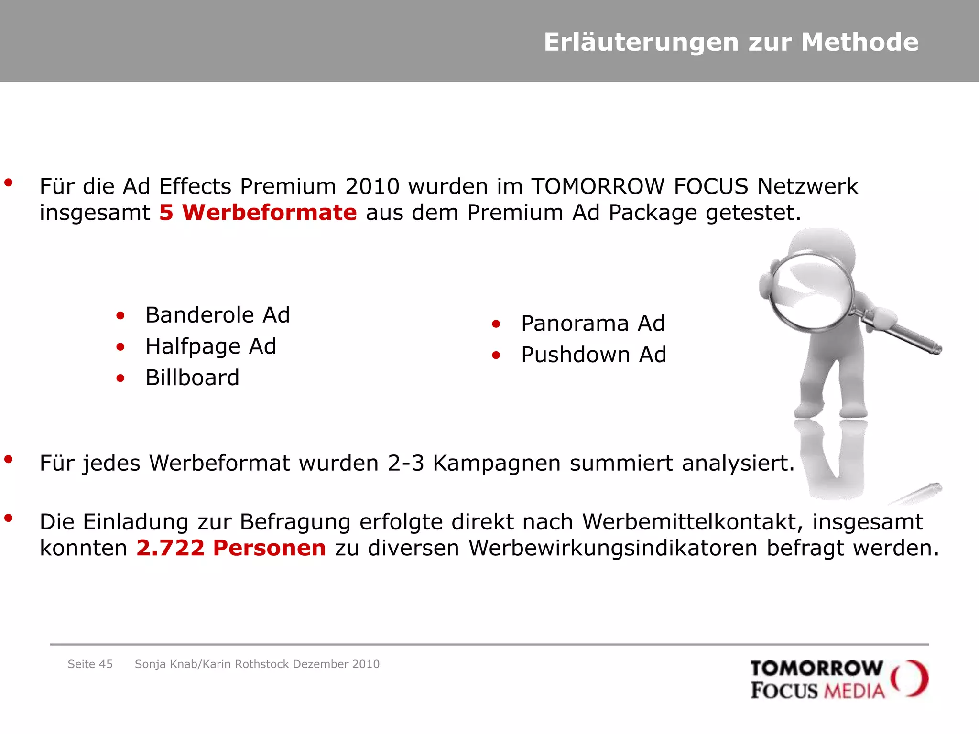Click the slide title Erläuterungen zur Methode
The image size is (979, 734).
pos(731,42)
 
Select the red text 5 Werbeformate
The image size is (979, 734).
pos(258,213)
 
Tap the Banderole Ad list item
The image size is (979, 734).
pos(218,315)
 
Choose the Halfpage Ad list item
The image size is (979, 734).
pos(211,346)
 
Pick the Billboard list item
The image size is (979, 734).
pos(192,378)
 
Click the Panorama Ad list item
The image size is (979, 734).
pos(593,324)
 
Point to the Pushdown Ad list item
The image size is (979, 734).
pos(593,355)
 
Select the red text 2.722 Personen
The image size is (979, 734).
pos(231,548)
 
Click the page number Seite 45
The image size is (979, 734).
pos(90,664)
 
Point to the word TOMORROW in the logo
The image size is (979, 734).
pos(816,668)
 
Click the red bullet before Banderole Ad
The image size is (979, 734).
pos(120,316)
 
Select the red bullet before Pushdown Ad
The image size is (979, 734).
pos(496,356)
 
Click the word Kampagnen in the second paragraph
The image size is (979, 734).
pos(496,464)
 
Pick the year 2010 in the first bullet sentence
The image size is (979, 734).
pos(372,186)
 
